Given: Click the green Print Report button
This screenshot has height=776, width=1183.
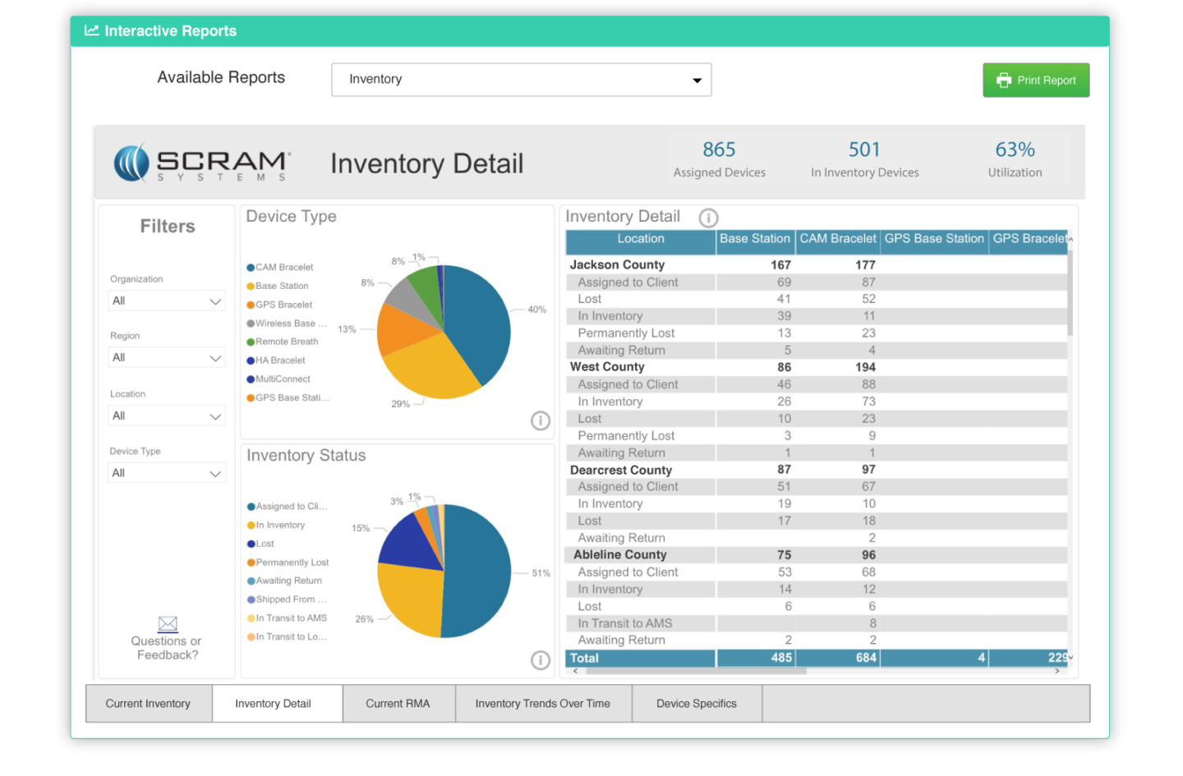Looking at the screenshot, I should coord(1035,80).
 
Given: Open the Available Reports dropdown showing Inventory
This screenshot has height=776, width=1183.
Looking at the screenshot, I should coord(521,80).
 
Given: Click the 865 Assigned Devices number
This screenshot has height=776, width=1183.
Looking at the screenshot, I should coord(719,149).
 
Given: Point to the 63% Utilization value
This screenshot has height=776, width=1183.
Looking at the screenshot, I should coord(1015,149).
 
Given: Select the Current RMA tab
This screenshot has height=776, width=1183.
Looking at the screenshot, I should coord(398,704).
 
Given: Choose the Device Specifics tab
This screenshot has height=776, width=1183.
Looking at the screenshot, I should coord(696,704).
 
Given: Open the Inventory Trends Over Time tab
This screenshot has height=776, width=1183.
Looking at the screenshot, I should coord(542,704).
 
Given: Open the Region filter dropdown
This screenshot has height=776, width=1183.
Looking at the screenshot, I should coord(167,357).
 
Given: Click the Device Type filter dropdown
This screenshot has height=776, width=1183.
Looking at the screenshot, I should coord(167,473).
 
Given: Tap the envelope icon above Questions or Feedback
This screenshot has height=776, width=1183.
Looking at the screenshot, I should coord(168,624).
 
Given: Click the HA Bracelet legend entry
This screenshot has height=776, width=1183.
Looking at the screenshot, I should coord(279,360).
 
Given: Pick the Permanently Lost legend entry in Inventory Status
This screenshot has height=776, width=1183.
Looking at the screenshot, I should coord(292,562).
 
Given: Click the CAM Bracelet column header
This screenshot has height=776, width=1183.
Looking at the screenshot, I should coord(837,239).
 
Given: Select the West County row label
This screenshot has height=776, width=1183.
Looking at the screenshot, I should coord(607,367).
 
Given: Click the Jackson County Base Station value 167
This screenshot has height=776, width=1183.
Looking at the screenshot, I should coord(780,265).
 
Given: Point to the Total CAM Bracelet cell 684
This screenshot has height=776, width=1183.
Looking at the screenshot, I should coord(865,658).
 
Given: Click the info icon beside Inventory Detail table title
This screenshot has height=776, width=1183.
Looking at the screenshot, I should coord(708,218).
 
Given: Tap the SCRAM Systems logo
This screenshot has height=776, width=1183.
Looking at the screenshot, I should coord(202,163).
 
